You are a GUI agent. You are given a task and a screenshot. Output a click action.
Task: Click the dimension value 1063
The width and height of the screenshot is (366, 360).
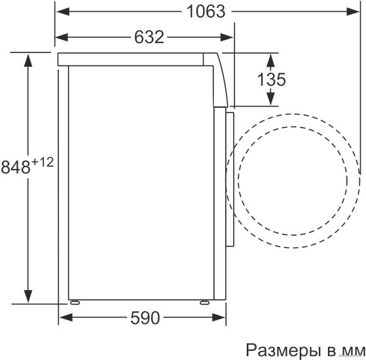(x=206, y=12)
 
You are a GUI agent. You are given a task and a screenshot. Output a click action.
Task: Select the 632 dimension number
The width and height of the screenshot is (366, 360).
(x=149, y=37)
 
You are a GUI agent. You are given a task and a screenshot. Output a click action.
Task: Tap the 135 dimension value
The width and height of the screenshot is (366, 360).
(x=271, y=80)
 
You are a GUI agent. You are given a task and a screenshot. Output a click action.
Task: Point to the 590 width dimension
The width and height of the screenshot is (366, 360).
(x=145, y=317)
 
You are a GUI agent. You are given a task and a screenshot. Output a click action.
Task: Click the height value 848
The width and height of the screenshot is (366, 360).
(x=16, y=167)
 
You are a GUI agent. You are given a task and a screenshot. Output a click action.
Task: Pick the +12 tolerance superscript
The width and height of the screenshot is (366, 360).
(x=43, y=162)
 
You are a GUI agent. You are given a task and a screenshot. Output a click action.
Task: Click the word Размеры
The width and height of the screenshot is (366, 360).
(x=284, y=350)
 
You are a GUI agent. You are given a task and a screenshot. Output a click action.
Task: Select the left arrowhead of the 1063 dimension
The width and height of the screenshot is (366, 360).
(x=63, y=11)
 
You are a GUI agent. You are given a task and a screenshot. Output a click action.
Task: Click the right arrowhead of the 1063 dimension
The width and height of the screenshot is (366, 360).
(x=353, y=11)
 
